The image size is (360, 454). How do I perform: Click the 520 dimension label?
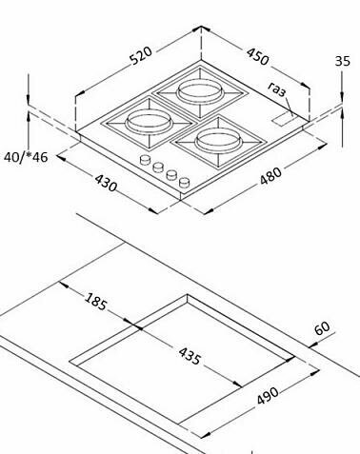point(141,56)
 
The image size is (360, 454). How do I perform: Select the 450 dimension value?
point(257,57)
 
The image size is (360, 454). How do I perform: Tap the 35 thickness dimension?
point(343,61)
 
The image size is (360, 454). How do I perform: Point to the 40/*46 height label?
point(26,157)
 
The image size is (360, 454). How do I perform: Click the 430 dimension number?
point(106,183)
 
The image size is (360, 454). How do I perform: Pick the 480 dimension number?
point(270,176)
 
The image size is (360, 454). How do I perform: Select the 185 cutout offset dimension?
point(95,302)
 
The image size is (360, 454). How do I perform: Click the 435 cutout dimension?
point(190,356)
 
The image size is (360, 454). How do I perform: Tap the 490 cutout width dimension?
point(268,396)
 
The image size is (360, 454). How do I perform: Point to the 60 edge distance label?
point(322,328)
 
